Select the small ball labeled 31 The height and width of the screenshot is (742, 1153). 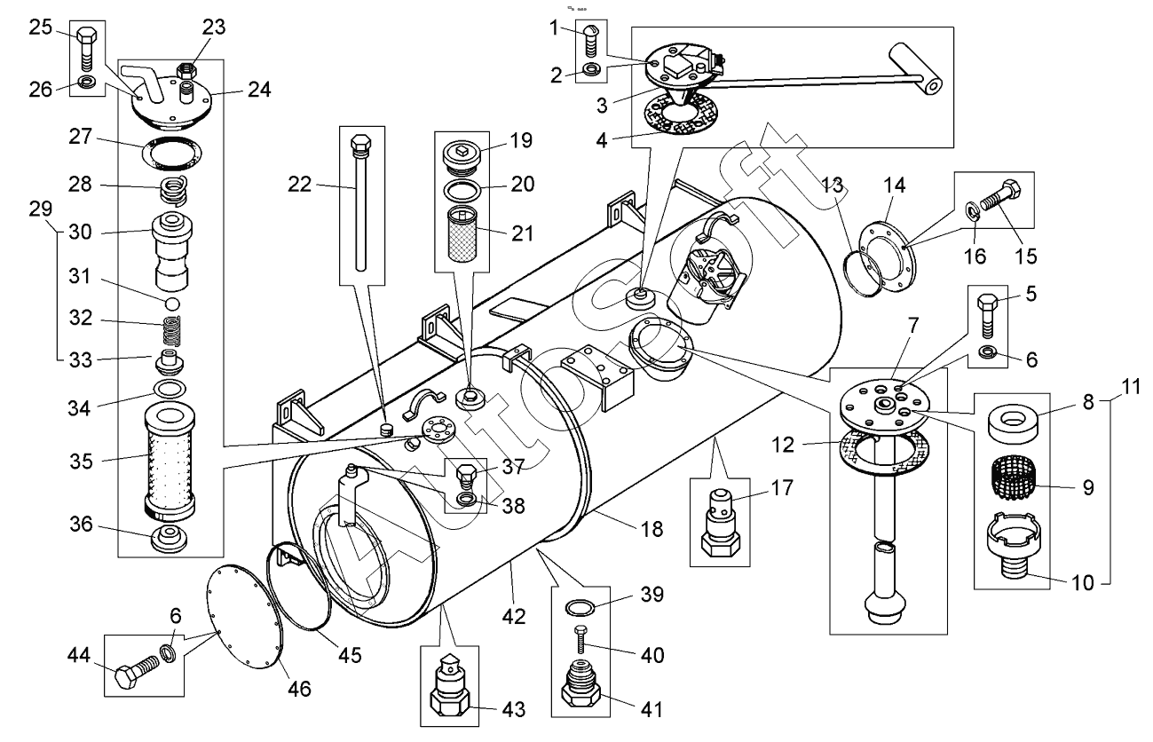[172, 304]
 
